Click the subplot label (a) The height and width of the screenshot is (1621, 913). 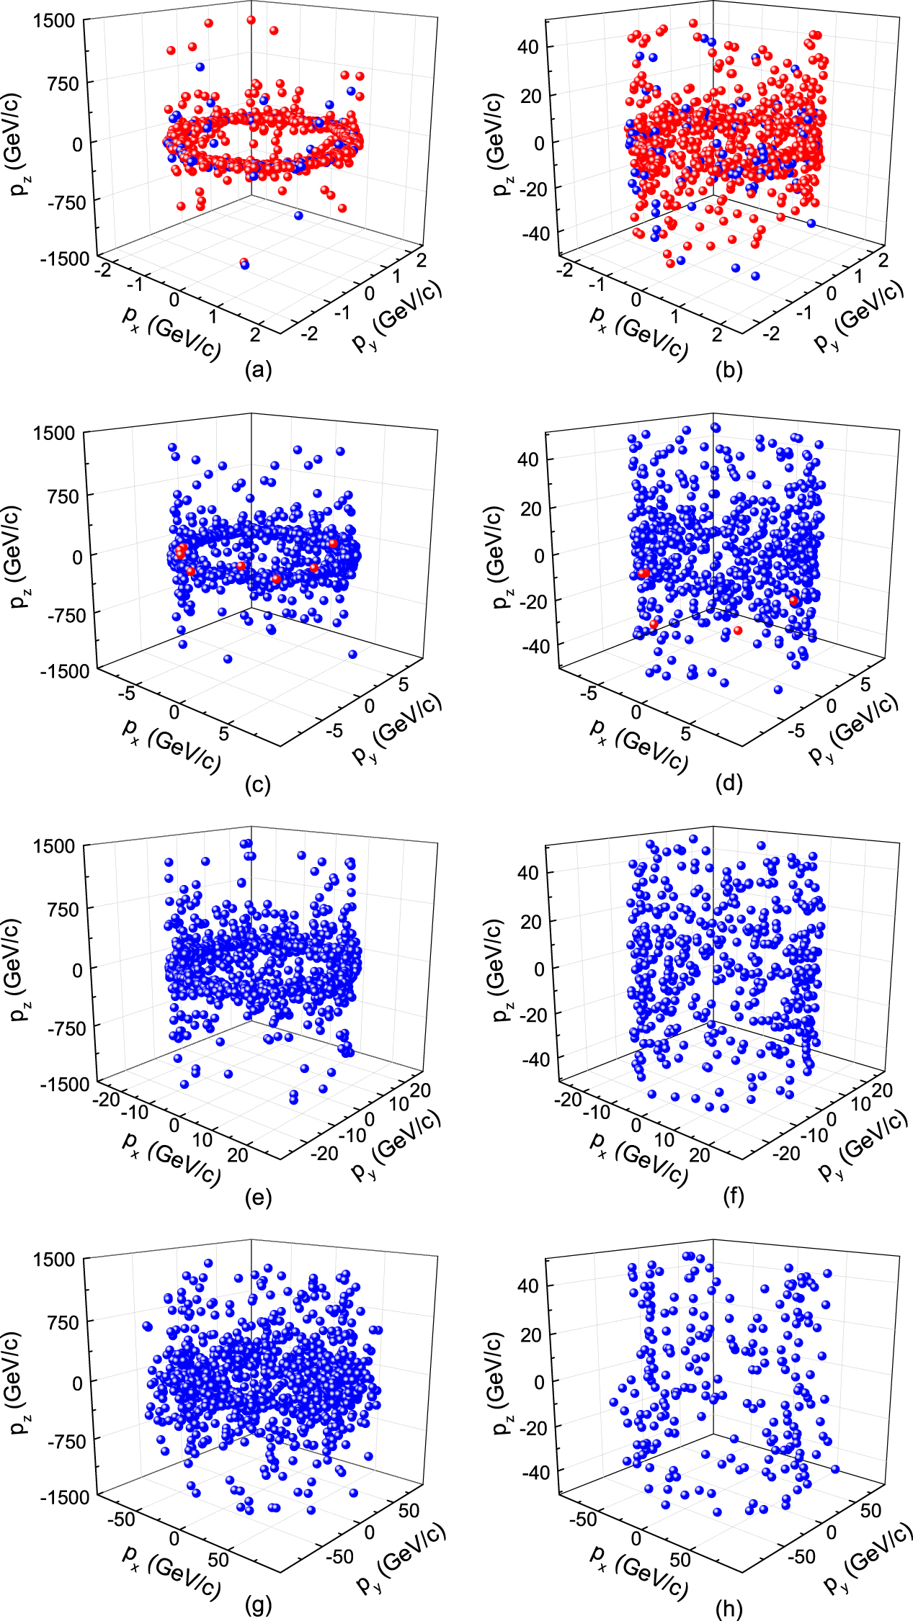point(258,370)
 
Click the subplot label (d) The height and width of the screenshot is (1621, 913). point(729,783)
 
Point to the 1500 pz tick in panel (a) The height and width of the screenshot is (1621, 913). point(54,20)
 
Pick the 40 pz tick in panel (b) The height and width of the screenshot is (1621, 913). point(528,47)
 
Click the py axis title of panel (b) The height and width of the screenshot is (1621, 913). point(858,313)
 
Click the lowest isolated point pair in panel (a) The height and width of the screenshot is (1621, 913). point(244,264)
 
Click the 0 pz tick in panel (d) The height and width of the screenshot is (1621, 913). point(539,555)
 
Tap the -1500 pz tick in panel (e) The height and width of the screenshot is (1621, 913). point(64,1084)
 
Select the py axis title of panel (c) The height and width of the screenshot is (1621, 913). point(395,727)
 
